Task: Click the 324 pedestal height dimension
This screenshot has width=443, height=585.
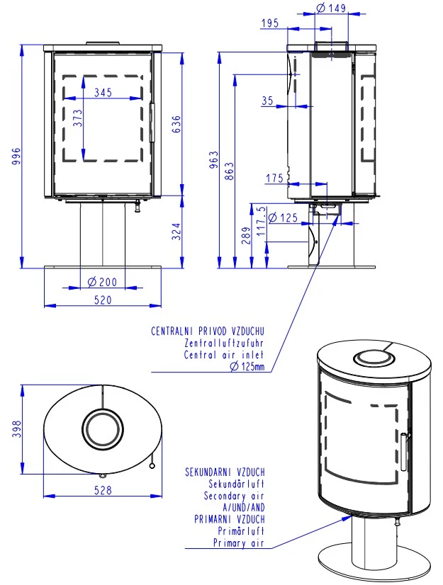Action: tap(176, 232)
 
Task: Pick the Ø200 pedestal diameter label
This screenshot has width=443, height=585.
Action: tap(103, 282)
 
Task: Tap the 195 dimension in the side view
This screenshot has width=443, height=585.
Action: tap(269, 23)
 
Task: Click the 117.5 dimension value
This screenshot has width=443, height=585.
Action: tap(262, 222)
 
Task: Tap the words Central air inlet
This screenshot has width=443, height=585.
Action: tap(224, 354)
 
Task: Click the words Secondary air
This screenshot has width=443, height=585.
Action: tap(233, 496)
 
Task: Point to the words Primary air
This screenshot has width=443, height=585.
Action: tap(238, 543)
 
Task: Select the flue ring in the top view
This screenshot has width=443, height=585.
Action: tap(103, 429)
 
